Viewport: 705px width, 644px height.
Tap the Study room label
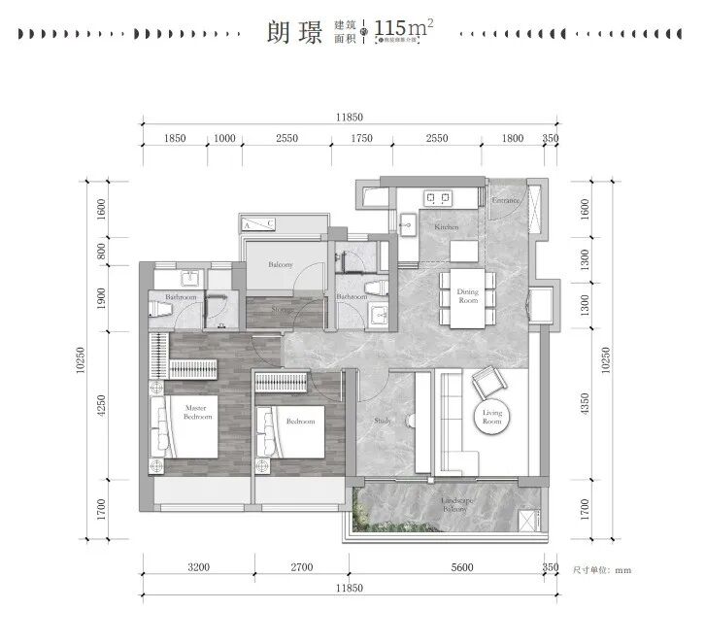tap(383, 421)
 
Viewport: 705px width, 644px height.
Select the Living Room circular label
tap(491, 418)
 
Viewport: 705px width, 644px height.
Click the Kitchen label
tap(446, 226)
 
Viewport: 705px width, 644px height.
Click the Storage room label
tap(282, 312)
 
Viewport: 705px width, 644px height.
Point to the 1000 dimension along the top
tap(224, 139)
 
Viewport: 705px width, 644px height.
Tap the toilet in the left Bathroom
tap(161, 310)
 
